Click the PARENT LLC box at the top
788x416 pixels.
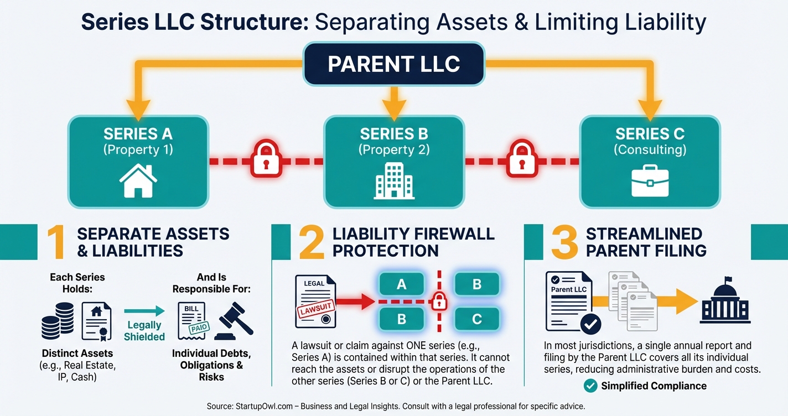(x=393, y=64)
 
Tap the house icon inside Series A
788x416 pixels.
(x=138, y=180)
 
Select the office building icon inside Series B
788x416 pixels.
(x=393, y=180)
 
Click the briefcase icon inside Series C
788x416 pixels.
(x=650, y=180)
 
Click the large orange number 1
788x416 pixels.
(x=55, y=242)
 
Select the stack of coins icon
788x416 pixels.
(x=58, y=321)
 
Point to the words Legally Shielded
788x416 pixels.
(x=144, y=331)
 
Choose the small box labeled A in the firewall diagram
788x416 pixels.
(x=402, y=284)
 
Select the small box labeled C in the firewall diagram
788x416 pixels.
(x=476, y=319)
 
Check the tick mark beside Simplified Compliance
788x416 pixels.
(x=591, y=386)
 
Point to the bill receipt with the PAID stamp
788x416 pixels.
(x=191, y=321)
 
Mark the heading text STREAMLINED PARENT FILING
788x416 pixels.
(x=646, y=242)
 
